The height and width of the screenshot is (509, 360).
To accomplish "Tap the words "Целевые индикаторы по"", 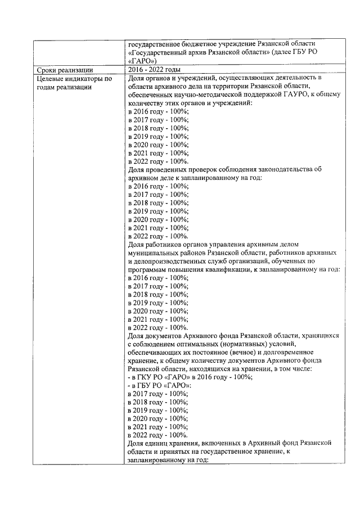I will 72,78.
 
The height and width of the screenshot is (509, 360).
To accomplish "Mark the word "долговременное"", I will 289,352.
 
